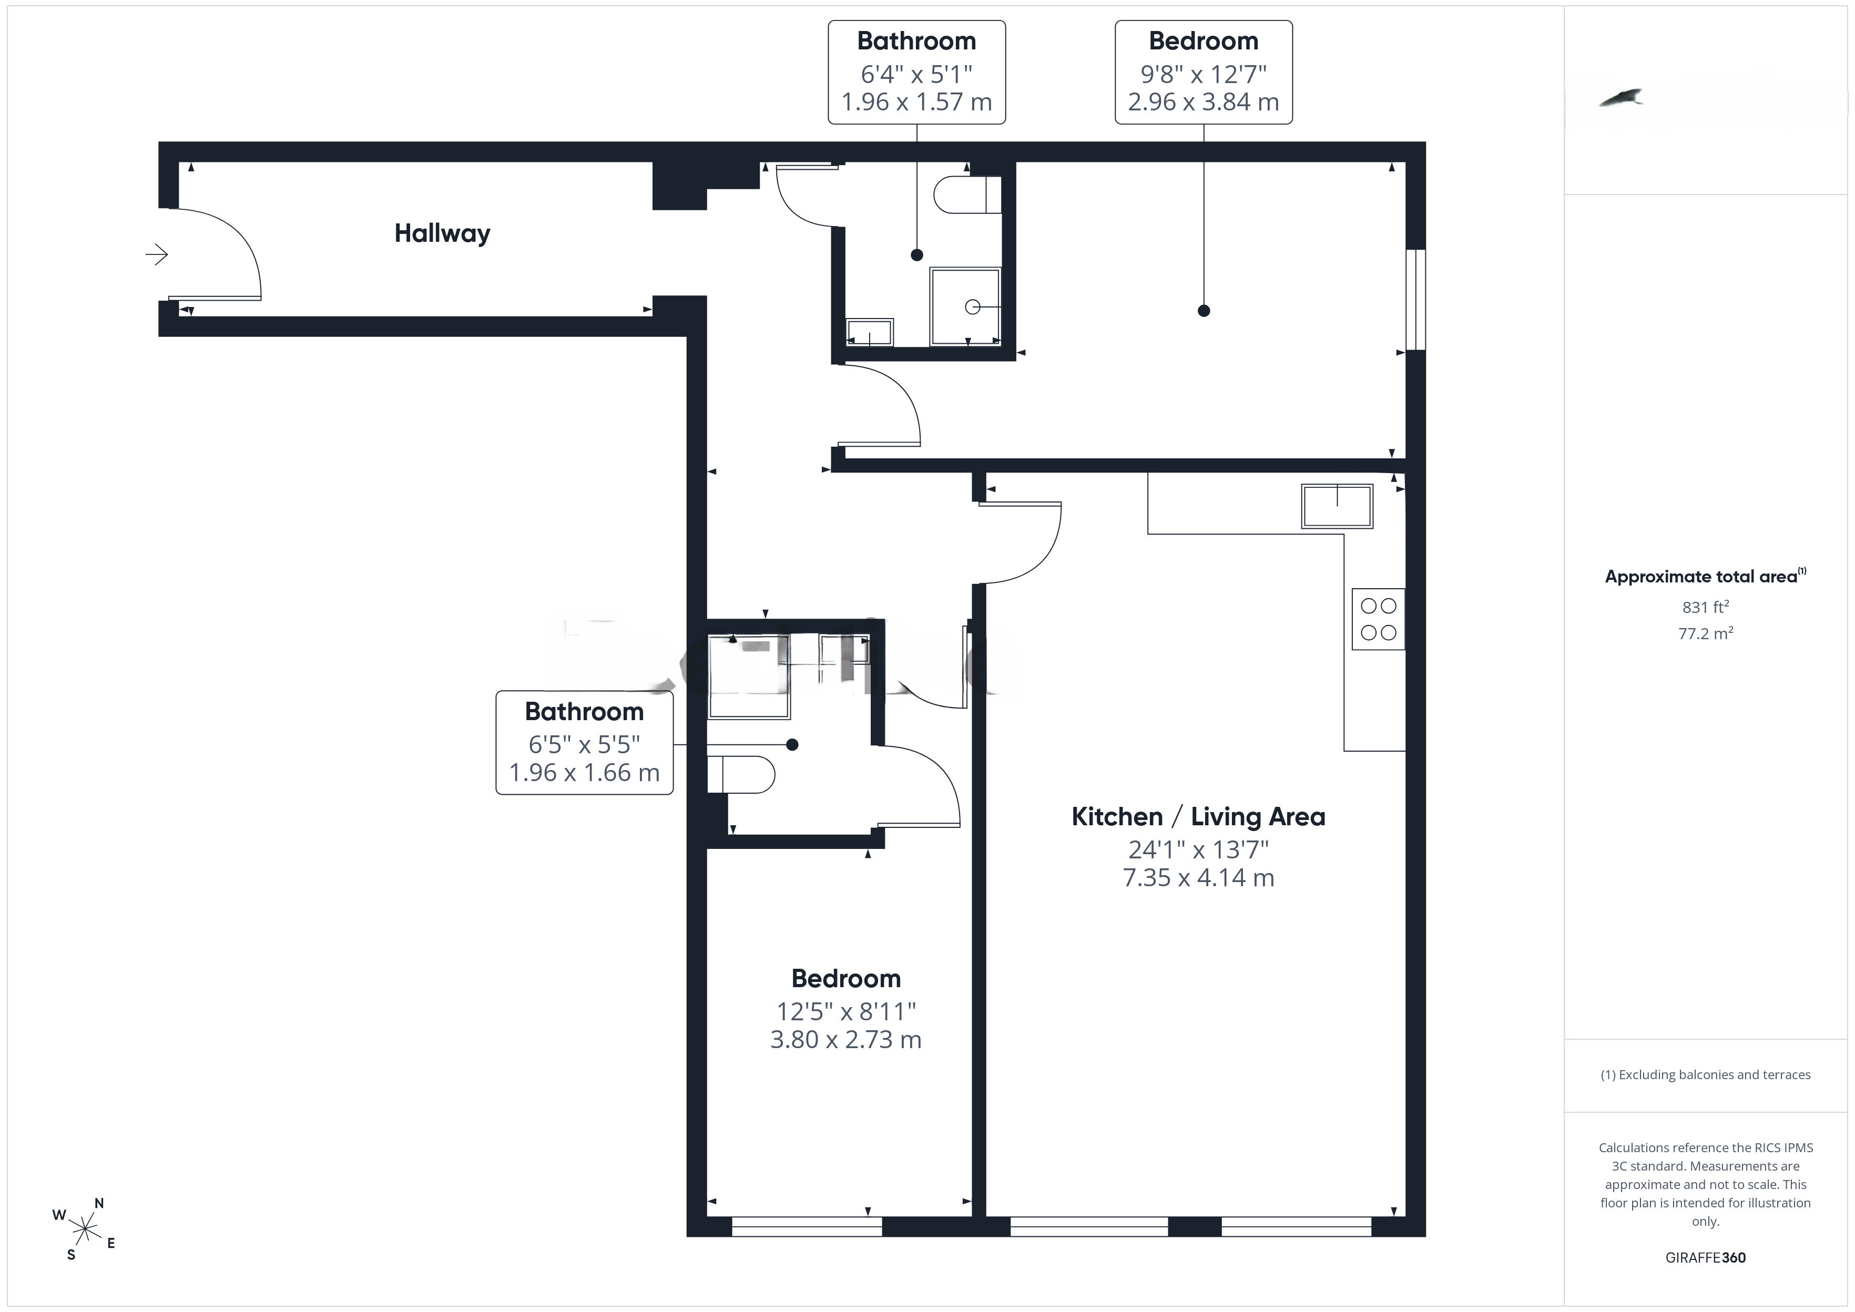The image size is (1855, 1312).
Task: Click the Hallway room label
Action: [x=442, y=233]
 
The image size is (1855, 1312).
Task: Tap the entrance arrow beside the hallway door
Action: [x=157, y=254]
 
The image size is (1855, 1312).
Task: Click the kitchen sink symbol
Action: [x=1337, y=507]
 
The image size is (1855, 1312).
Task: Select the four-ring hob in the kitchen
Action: [x=1378, y=619]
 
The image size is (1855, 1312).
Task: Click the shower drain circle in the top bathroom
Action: [x=973, y=307]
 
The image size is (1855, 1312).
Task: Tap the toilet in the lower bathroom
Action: [x=741, y=775]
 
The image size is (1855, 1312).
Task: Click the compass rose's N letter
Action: [x=99, y=1203]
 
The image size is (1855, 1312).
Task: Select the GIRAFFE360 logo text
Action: [x=1706, y=1258]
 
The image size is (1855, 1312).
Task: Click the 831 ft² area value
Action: [x=1706, y=607]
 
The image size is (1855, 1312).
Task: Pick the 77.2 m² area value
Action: [x=1706, y=633]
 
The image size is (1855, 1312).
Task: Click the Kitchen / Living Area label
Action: [x=1198, y=817]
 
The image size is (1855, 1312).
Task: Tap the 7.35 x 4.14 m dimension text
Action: [x=1198, y=877]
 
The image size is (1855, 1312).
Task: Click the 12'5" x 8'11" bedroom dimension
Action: [x=846, y=1011]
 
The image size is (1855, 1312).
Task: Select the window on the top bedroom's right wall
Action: [x=1415, y=300]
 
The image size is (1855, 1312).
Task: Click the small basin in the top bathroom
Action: [x=869, y=332]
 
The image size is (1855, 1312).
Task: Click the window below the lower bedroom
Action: [x=807, y=1226]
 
